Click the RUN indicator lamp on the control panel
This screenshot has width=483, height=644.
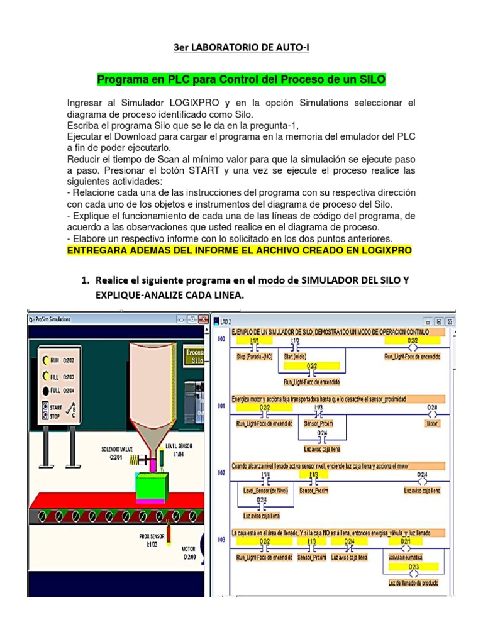tap(45, 360)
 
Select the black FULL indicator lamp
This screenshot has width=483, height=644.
tap(45, 391)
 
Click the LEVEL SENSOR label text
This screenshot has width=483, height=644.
tap(179, 446)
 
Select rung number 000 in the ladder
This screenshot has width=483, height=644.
tap(221, 340)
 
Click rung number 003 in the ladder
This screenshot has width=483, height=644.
tap(221, 540)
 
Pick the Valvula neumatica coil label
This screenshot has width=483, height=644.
tap(406, 557)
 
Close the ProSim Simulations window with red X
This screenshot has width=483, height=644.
tap(203, 319)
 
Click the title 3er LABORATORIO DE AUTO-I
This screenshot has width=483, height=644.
tap(241, 48)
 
